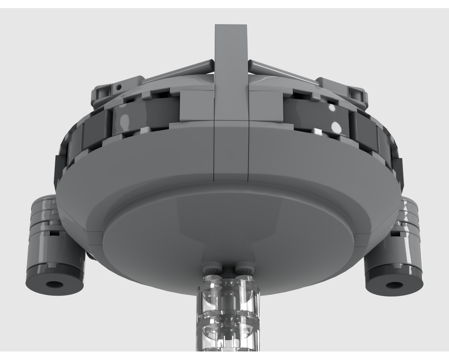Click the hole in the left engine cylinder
pos(55,284)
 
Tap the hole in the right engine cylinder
pos(394,284)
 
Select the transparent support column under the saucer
pos(228,315)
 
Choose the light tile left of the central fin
pos(197,106)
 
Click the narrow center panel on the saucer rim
pos(231,148)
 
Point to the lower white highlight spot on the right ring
pos(336,127)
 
